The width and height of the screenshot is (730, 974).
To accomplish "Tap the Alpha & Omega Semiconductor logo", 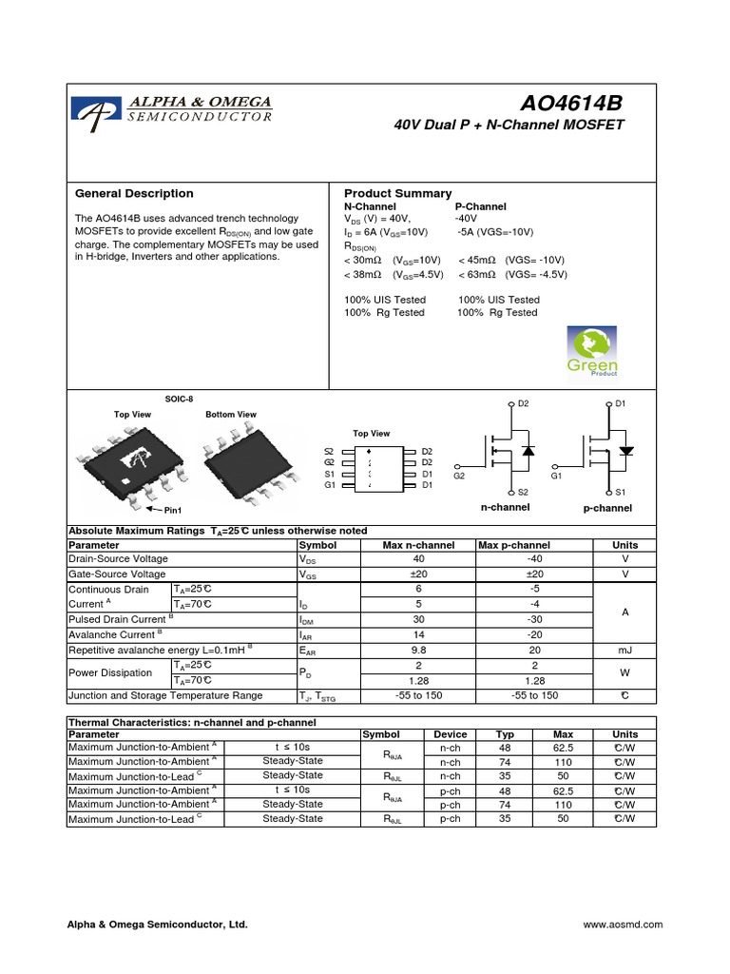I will click(x=175, y=111).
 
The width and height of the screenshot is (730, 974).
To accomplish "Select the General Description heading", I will click(x=134, y=193).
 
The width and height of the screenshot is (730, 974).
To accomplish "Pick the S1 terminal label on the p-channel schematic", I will click(x=621, y=492).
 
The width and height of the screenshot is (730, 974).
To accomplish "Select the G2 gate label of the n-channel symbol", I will click(x=459, y=475).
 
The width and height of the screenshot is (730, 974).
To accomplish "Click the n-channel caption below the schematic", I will click(x=506, y=508).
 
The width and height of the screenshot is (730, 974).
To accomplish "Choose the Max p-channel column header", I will click(x=513, y=545).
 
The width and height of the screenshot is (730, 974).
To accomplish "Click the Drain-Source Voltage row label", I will click(x=118, y=559).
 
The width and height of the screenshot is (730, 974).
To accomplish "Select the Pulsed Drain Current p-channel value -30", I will click(x=534, y=618).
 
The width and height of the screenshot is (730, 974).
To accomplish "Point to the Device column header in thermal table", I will click(x=451, y=734).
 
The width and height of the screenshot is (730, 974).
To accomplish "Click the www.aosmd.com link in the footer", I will click(x=622, y=924).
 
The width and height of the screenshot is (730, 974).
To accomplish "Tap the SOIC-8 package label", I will click(x=179, y=399).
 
